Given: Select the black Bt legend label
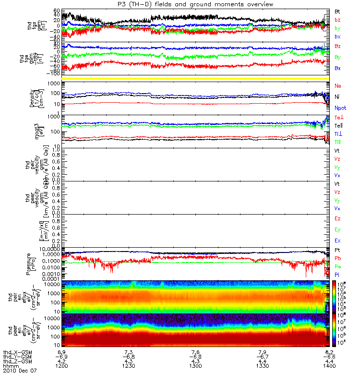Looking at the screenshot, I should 337,11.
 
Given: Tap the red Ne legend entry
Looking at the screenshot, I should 337,85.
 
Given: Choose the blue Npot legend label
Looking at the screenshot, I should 340,108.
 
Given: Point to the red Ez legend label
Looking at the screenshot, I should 337,218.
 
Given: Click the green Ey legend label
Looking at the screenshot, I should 337,229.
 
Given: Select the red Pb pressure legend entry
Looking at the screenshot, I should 337,258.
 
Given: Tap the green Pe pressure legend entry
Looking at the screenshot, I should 337,266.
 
